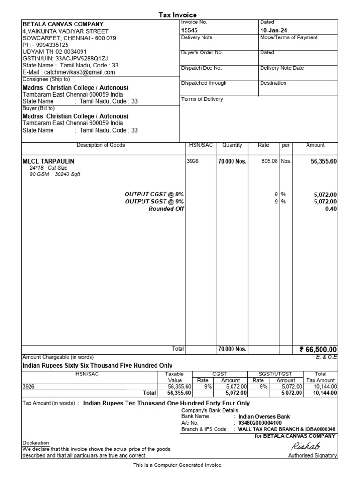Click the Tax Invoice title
click(178, 15)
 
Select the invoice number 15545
click(190, 30)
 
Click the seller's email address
click(69, 73)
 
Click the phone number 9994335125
click(45, 45)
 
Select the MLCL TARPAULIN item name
click(48, 161)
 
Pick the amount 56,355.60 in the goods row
click(323, 161)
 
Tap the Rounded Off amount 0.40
click(331, 209)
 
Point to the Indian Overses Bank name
click(264, 416)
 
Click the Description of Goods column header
click(101, 145)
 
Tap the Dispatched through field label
click(204, 83)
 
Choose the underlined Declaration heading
click(36, 442)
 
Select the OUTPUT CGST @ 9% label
click(154, 194)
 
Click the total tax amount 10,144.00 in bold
click(325, 393)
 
